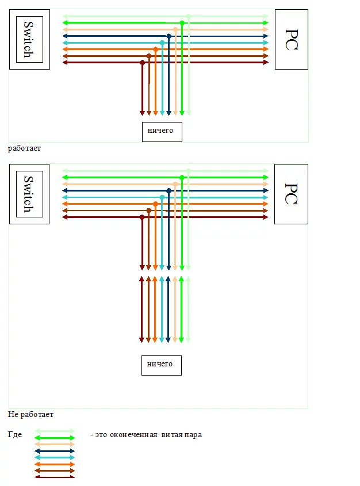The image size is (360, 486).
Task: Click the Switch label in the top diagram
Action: coord(26,38)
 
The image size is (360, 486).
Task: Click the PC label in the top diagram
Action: coord(291,39)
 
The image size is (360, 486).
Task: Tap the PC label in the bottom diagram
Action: coord(291,193)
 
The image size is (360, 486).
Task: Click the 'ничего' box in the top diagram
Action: coord(162,131)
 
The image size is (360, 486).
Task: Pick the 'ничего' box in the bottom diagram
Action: coord(161,365)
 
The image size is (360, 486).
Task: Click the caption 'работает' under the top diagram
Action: coord(25,148)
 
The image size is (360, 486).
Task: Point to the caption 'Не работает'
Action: coord(30,414)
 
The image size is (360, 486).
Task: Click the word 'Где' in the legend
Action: coord(16,435)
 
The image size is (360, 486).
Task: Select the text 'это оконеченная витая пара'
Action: coord(148,435)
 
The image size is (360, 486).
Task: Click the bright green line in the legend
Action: coord(55,438)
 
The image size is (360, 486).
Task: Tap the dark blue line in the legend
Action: coord(55,451)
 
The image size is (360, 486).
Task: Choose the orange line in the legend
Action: coord(55,464)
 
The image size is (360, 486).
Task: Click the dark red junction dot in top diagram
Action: coord(142,62)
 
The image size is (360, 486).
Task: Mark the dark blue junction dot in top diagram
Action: coord(168,36)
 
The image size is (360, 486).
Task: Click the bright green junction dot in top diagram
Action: coord(182,23)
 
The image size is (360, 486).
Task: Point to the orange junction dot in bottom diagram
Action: coord(155,204)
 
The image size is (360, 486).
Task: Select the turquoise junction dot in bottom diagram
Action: coord(162,197)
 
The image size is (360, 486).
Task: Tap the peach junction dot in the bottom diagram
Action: coord(175,184)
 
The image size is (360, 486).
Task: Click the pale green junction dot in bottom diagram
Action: coord(189,171)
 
